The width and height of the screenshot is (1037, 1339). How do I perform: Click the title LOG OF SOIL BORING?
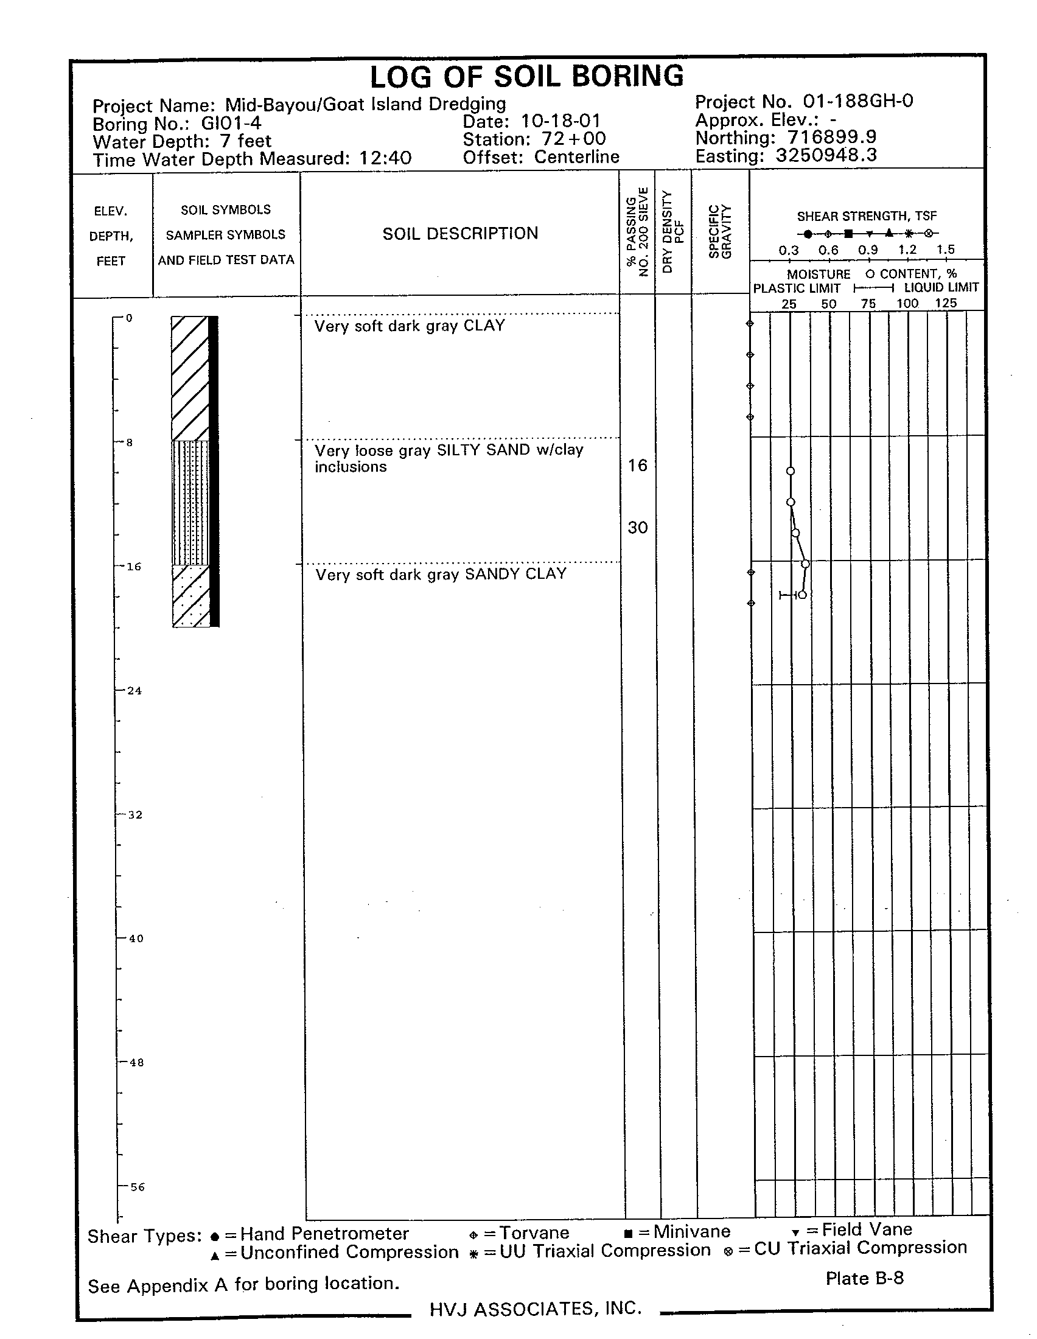(526, 77)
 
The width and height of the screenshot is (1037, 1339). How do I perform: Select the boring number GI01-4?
(231, 123)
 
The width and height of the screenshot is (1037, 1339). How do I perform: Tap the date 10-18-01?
(560, 121)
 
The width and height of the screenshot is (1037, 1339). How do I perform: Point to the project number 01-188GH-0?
(850, 100)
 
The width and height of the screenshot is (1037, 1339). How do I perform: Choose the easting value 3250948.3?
(826, 155)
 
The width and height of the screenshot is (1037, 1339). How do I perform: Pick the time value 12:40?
(385, 158)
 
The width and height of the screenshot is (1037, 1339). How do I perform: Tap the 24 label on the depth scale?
(134, 691)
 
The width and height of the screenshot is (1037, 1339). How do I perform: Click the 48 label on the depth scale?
(136, 1063)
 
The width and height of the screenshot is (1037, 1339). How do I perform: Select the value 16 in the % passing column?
(637, 466)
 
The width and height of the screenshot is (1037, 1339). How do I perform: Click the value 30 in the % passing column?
(637, 527)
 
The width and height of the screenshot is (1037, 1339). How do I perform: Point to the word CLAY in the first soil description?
(484, 325)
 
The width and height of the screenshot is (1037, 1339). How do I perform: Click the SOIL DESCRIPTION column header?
(460, 234)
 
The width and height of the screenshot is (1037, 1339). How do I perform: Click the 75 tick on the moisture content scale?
(868, 304)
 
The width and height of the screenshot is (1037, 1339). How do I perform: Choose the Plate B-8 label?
(864, 1278)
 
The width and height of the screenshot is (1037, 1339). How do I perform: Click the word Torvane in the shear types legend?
(534, 1233)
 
